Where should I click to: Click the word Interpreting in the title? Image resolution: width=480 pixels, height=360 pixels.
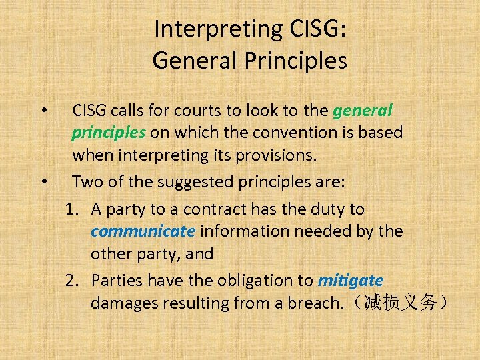[x=207, y=29]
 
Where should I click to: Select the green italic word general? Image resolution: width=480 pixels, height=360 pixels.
[x=363, y=110]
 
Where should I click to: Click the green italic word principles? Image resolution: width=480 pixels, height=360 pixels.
[x=109, y=132]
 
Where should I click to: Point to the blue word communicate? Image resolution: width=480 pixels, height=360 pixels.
[x=143, y=231]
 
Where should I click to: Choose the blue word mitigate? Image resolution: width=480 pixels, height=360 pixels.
[x=351, y=280]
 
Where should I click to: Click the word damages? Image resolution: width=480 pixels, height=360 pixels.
[x=121, y=303]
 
